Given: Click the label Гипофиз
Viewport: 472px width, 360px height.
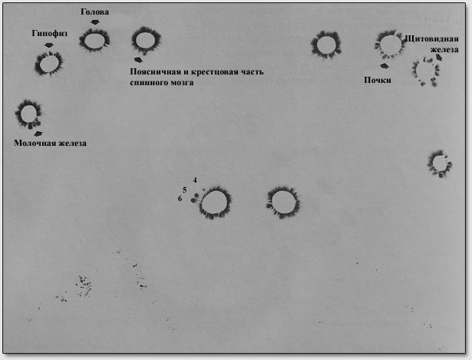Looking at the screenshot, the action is tap(49, 34).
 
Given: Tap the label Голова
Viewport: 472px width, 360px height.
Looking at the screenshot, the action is tap(95, 12).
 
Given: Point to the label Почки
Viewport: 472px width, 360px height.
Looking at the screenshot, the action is tap(378, 80).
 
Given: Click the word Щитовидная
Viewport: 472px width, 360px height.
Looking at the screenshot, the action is tap(431, 39).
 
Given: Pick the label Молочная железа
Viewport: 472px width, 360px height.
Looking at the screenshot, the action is tap(51, 143).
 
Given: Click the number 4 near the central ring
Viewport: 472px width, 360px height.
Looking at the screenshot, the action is tap(195, 180).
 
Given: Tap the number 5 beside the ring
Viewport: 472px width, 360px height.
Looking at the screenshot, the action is tap(184, 190).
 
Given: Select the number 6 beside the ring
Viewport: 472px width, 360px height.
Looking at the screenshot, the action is tap(180, 199).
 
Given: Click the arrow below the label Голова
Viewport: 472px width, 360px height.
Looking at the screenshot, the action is tap(95, 22).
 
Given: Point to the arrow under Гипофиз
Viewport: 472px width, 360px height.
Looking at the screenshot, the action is tap(49, 45).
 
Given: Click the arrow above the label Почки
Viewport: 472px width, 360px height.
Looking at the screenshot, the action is tap(384, 65).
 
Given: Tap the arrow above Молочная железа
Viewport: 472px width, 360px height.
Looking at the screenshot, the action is tap(38, 134).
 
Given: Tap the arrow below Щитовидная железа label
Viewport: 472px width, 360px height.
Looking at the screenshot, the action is tap(439, 58).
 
